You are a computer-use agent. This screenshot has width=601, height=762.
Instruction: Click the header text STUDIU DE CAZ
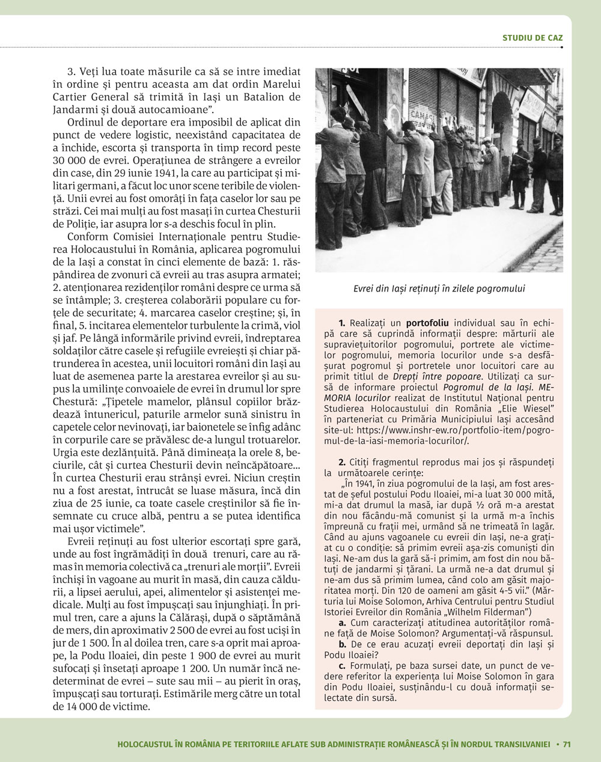click(532, 38)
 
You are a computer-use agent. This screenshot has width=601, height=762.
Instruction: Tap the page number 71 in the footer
click(566, 744)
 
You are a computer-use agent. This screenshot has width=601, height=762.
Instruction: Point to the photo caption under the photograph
click(439, 288)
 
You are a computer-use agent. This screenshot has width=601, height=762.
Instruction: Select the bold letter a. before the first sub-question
click(342, 623)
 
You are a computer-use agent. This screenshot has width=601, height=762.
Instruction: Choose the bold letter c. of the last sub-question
click(342, 666)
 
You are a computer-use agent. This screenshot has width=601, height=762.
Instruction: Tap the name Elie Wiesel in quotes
click(527, 410)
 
